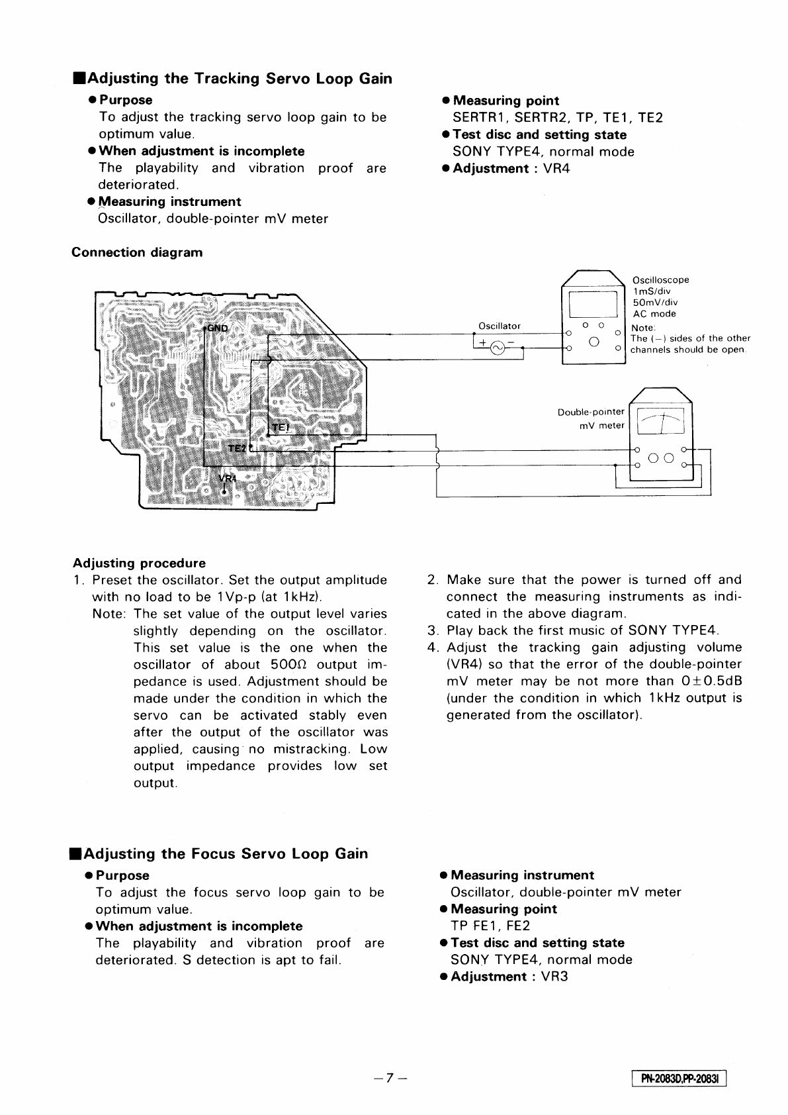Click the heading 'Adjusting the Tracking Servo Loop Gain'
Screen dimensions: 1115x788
coord(233,79)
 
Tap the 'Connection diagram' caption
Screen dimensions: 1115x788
coord(137,252)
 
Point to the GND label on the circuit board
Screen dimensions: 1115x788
coord(216,328)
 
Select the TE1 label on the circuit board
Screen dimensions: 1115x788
coord(281,428)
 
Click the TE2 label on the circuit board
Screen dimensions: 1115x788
coord(236,448)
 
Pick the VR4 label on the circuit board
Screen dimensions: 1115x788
coord(227,479)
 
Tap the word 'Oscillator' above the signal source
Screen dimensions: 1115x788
coord(500,326)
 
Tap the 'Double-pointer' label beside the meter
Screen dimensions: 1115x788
coord(591,412)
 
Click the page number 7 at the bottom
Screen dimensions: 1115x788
coord(390,1078)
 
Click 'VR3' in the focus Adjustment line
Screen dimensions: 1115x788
coord(555,977)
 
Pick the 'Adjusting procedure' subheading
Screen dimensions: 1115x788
coord(139,563)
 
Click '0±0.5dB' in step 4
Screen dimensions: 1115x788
coord(712,681)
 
